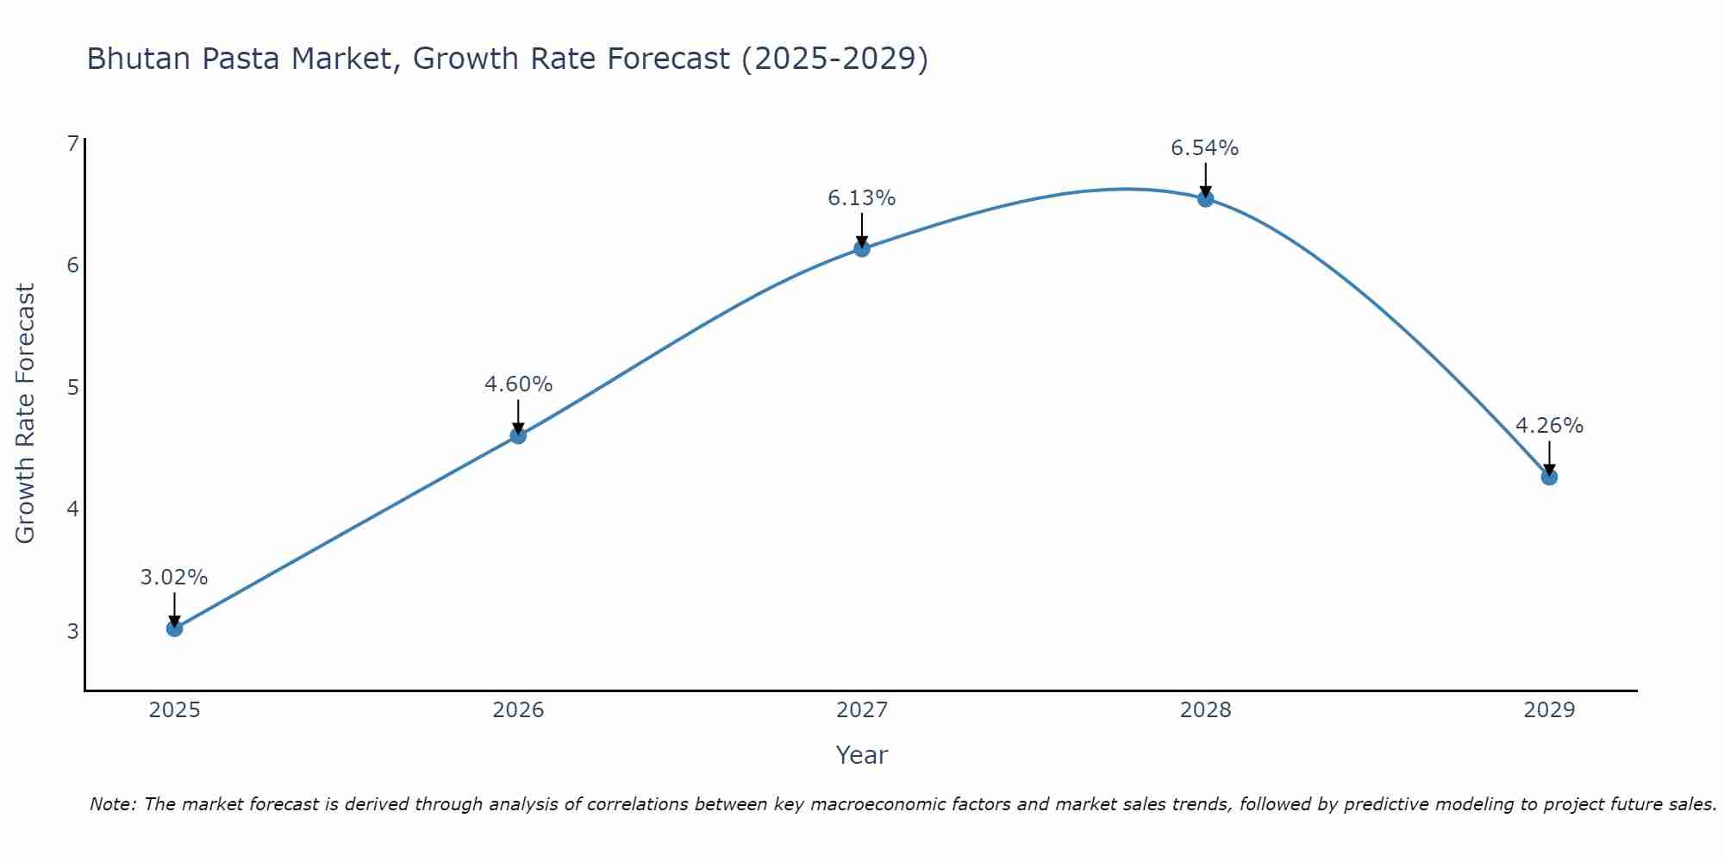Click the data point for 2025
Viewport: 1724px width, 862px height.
point(174,628)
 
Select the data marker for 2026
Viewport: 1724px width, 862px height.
point(518,435)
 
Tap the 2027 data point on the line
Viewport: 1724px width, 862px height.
point(862,249)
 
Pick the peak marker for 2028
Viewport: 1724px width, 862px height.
point(1206,199)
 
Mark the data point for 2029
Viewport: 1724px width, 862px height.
point(1549,477)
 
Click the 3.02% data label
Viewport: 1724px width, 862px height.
point(174,578)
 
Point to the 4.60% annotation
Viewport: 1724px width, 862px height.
point(518,384)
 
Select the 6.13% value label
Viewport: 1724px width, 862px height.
point(862,198)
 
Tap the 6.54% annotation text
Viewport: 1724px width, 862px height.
point(1205,148)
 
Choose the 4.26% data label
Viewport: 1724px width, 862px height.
point(1549,426)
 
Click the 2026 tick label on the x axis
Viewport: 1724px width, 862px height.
point(518,710)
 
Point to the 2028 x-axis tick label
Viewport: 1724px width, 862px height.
point(1206,710)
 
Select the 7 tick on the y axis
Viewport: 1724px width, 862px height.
point(72,143)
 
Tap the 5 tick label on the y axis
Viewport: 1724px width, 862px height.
point(72,387)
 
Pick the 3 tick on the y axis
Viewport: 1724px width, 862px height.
point(72,631)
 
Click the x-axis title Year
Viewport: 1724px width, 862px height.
point(862,755)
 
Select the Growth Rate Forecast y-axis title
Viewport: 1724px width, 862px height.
point(26,414)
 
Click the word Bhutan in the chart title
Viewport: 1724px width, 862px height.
point(138,59)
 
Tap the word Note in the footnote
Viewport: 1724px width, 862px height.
point(112,804)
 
